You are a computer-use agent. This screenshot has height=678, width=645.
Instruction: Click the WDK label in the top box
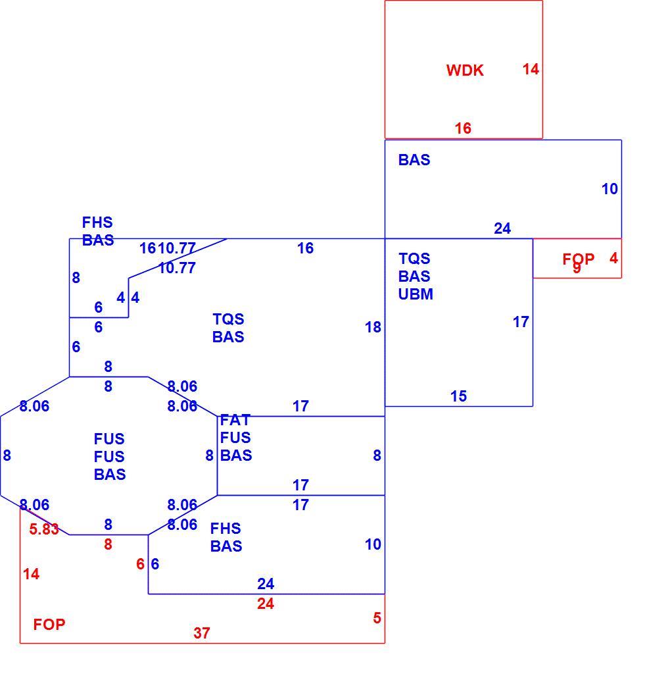pos(465,70)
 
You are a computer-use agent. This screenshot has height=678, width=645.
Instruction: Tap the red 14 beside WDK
pos(531,69)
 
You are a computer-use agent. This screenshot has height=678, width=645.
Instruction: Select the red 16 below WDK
pos(463,128)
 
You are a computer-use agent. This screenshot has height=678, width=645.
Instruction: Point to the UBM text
pos(416,294)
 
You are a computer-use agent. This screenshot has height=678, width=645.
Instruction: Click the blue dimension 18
pos(373,327)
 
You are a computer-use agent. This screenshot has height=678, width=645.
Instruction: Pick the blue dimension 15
pos(458,396)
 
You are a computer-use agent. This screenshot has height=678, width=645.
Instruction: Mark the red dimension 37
pos(202,633)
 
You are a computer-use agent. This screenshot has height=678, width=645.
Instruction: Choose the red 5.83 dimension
pos(43,529)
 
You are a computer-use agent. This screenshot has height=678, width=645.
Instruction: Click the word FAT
pos(235,420)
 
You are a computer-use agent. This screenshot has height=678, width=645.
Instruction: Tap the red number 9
pos(577,268)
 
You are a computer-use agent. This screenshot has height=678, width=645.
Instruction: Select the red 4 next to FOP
pos(613,258)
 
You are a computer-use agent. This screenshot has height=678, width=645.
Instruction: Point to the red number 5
pos(377,618)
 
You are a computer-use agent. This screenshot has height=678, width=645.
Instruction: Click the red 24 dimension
pos(265,604)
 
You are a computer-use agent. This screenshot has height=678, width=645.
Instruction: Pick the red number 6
pos(141,564)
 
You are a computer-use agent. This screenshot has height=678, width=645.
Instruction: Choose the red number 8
pos(108,544)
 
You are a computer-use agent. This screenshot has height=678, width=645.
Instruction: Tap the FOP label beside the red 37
pos(49,625)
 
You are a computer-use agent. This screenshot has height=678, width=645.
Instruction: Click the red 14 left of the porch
pos(31,574)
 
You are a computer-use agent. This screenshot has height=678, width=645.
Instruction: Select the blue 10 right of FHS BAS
pos(373,544)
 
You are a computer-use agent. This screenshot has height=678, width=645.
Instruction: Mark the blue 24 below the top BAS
pos(502,228)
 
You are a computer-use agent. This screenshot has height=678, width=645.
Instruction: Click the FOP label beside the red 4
pos(579,259)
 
